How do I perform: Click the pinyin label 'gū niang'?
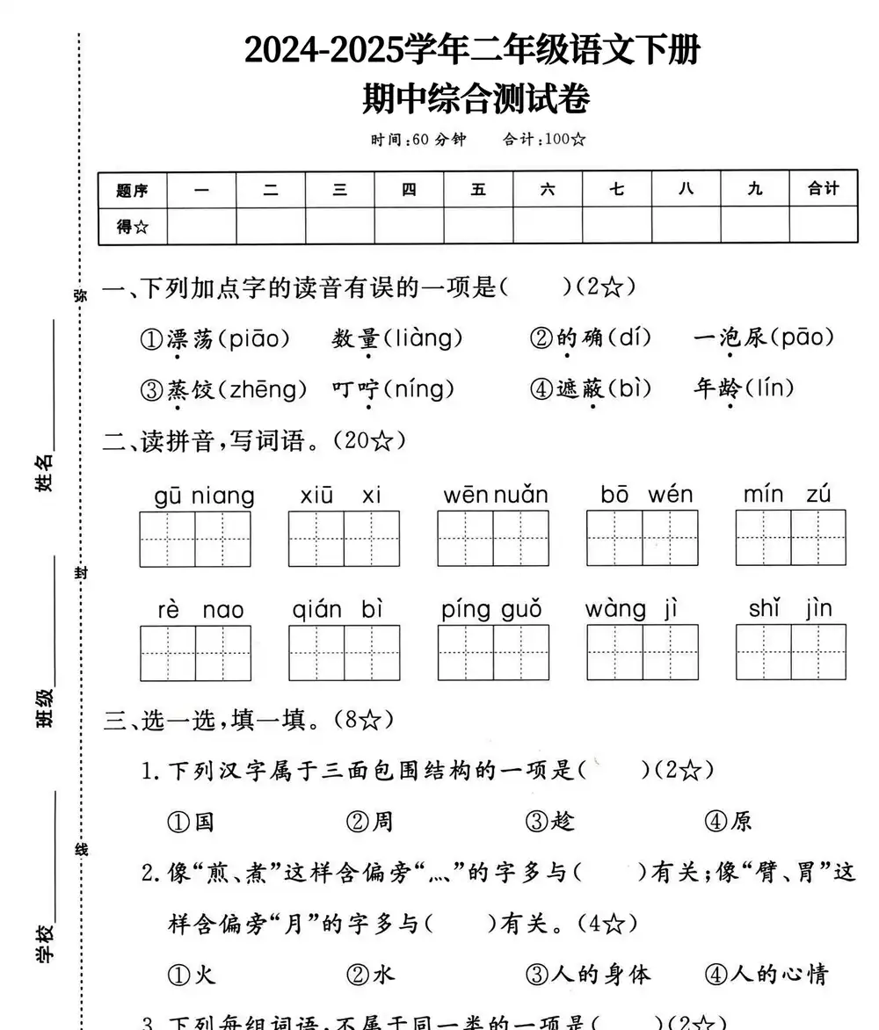click(204, 496)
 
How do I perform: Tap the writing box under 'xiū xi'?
click(344, 539)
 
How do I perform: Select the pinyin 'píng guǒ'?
click(491, 610)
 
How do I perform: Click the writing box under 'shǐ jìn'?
click(790, 652)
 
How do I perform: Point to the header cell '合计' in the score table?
click(823, 188)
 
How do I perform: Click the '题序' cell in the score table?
click(132, 189)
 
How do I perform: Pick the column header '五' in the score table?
click(478, 188)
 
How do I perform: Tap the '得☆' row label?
click(132, 227)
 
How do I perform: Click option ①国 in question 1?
click(191, 822)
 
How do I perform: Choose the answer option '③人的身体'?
click(588, 974)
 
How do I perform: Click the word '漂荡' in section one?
click(189, 338)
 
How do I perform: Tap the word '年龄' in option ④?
click(716, 388)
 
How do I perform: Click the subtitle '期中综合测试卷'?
click(476, 98)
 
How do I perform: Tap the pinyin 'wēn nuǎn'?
click(495, 496)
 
